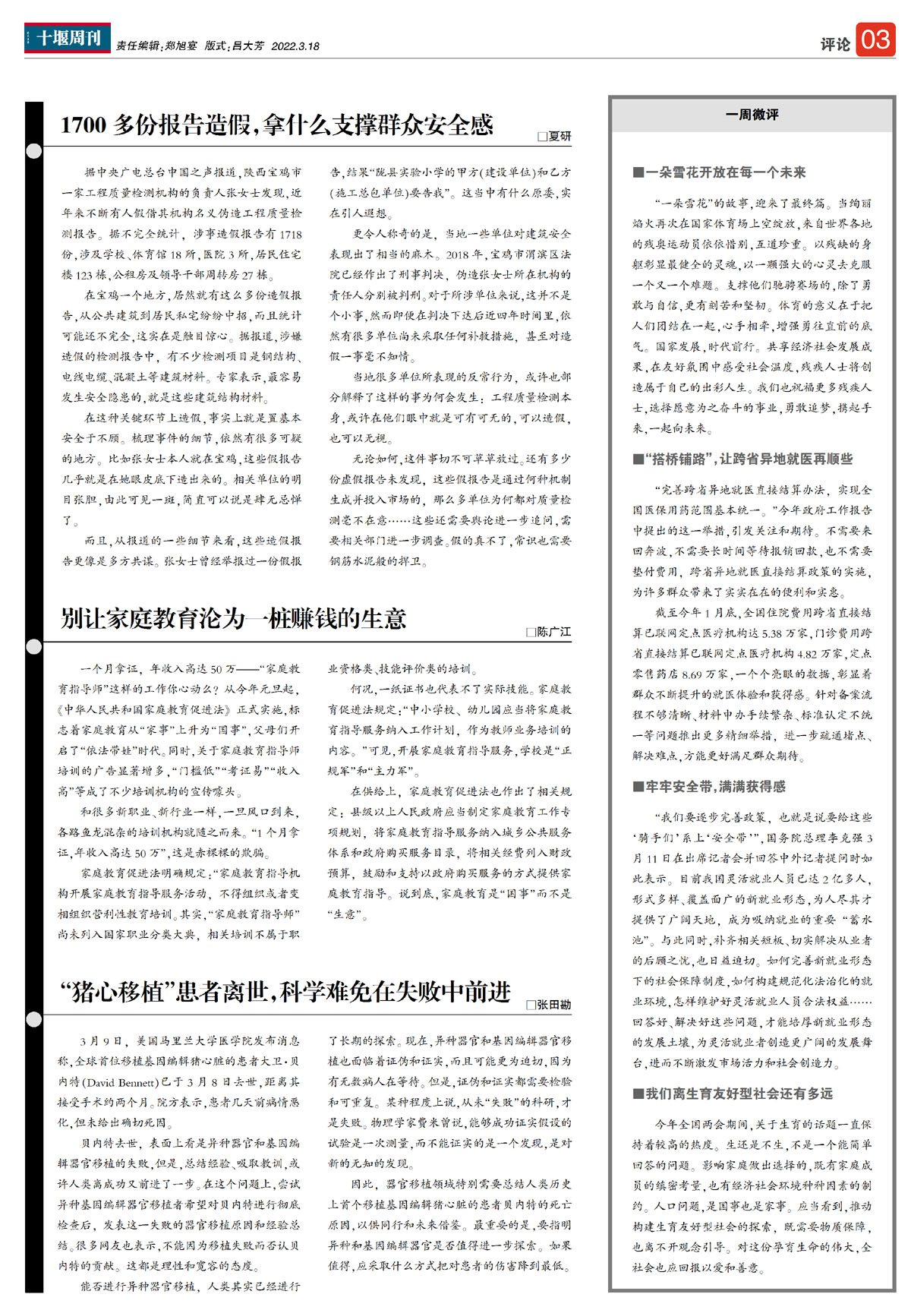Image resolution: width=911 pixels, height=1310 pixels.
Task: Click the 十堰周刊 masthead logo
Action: [68, 38]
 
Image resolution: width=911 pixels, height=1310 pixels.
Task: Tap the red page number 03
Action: [875, 39]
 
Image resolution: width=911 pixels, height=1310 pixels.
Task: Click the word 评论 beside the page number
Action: [835, 45]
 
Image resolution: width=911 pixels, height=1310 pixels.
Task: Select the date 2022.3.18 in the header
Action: [295, 46]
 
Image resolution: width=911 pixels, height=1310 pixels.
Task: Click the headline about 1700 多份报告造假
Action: [277, 125]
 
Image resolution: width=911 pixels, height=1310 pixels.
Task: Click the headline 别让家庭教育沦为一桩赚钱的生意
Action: [234, 619]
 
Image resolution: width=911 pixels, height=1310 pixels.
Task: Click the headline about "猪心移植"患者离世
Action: [285, 993]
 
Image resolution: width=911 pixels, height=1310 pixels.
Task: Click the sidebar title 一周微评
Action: [752, 115]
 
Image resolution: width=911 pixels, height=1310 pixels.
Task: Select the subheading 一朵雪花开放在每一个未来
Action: [725, 172]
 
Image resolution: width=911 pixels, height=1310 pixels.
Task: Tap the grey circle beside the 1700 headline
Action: [34, 151]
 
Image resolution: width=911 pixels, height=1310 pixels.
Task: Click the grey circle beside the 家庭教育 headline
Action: [34, 647]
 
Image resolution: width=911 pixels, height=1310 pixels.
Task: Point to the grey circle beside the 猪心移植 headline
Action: [34, 1019]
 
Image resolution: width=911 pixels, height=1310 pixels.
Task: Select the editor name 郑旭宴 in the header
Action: [181, 46]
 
